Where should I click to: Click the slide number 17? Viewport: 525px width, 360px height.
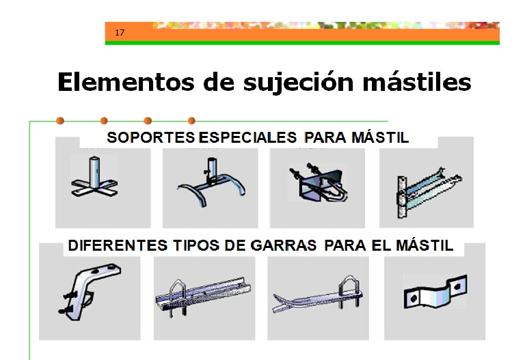[x=120, y=33]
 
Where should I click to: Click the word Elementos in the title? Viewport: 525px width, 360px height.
[x=126, y=82]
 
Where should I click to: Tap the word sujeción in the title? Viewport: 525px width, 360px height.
[x=298, y=83]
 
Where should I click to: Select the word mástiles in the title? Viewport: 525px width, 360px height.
[x=417, y=82]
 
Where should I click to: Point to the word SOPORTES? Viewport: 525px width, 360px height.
[x=150, y=137]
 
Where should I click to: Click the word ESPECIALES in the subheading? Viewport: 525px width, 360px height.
[x=247, y=137]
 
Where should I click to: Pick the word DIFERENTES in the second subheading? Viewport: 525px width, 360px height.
[x=118, y=245]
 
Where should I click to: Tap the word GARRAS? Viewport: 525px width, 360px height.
[x=283, y=245]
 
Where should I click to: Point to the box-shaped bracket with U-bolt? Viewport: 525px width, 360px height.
[x=318, y=183]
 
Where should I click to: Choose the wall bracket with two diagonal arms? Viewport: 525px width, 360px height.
[x=428, y=193]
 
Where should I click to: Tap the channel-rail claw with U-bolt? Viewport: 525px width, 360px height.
[x=203, y=295]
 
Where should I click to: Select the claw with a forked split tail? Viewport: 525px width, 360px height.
[x=317, y=296]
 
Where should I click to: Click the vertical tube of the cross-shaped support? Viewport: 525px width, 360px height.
[x=95, y=171]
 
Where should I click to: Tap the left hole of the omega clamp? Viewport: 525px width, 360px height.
[x=414, y=298]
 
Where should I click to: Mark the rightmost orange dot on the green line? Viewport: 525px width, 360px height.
[x=191, y=120]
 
